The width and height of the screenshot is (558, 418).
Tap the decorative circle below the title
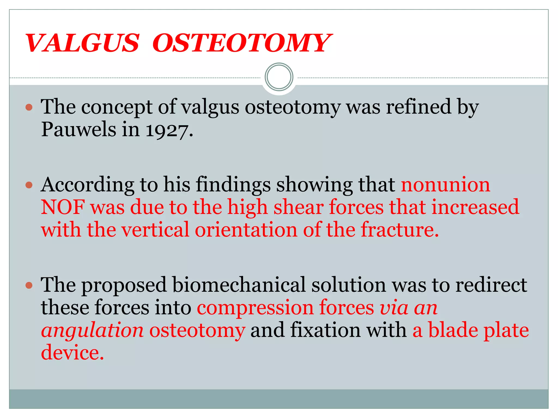[279, 77]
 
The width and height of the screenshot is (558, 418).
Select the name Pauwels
[78, 130]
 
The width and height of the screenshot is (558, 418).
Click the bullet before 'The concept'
[29, 107]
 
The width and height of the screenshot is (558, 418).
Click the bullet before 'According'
[29, 185]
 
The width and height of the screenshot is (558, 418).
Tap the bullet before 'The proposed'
[29, 285]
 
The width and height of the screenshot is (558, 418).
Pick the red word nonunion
[445, 185]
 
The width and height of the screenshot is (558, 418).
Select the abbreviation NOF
[63, 207]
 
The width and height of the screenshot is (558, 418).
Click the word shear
[298, 207]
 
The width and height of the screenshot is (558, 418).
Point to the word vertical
[155, 230]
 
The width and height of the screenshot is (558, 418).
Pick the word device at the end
[72, 353]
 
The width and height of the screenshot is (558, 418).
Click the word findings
[233, 185]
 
